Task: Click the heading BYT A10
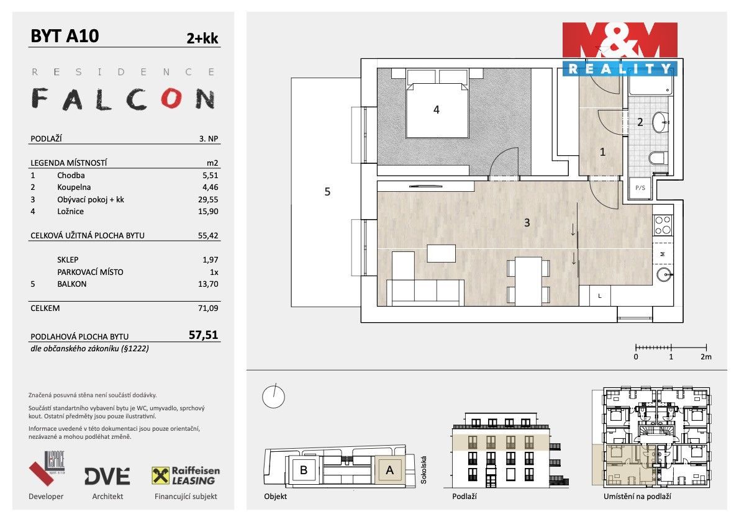pyautogui.click(x=65, y=36)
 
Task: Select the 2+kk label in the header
pyautogui.click(x=202, y=38)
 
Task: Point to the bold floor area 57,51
pyautogui.click(x=203, y=335)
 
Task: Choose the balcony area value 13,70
pyautogui.click(x=208, y=284)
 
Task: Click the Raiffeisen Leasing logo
pyautogui.click(x=186, y=476)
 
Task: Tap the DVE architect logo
pyautogui.click(x=107, y=476)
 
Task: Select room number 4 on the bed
pyautogui.click(x=437, y=110)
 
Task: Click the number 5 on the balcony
pyautogui.click(x=327, y=192)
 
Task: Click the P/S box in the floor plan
pyautogui.click(x=638, y=187)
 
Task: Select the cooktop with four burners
pyautogui.click(x=663, y=224)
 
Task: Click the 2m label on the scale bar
pyautogui.click(x=705, y=357)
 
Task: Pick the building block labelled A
pyautogui.click(x=389, y=470)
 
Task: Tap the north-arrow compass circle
pyautogui.click(x=273, y=397)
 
